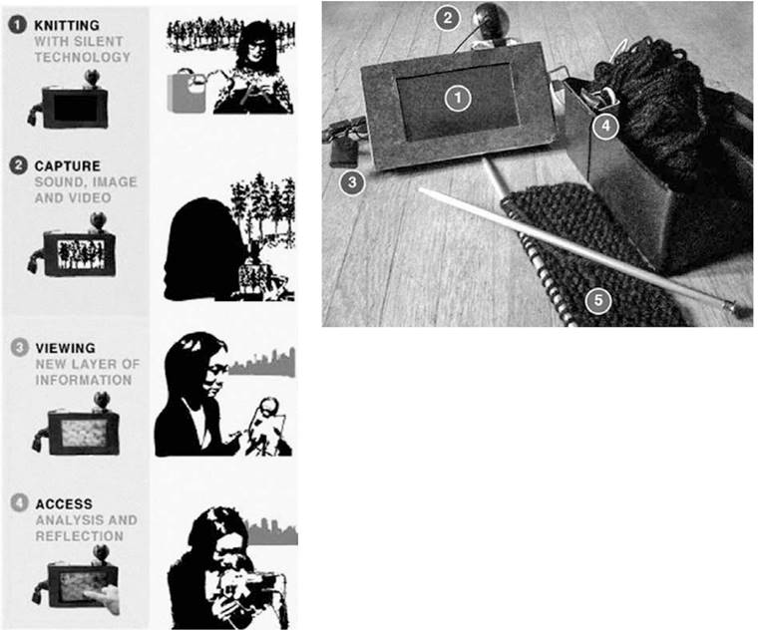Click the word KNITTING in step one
tap(67, 25)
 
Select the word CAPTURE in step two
tap(68, 165)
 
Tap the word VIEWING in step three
tap(66, 348)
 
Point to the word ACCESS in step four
tap(64, 503)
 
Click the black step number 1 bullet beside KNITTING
tap(17, 24)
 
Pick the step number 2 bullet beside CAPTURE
tap(18, 164)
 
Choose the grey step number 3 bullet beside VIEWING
tap(19, 348)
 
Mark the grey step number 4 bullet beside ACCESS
tap(19, 502)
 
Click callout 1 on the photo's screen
tap(458, 98)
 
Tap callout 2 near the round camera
tap(447, 19)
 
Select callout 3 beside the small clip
tap(352, 182)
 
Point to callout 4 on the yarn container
tap(605, 126)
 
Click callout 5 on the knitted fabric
tap(598, 300)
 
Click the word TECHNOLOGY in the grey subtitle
tap(83, 57)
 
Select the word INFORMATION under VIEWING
tap(84, 380)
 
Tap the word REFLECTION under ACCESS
tap(80, 536)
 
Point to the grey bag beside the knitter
tap(187, 93)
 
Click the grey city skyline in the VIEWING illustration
tap(262, 363)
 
